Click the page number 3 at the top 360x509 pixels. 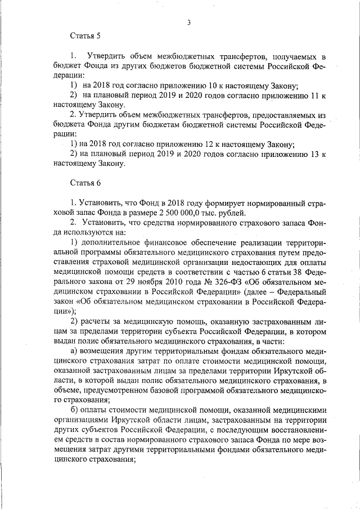tap(190, 22)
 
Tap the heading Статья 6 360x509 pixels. tap(85, 183)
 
